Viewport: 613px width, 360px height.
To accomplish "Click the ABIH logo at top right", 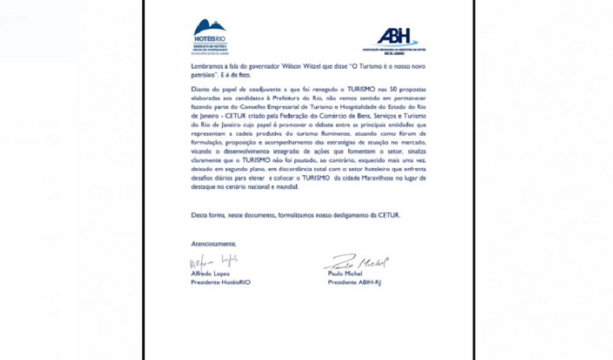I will click(x=396, y=38).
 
